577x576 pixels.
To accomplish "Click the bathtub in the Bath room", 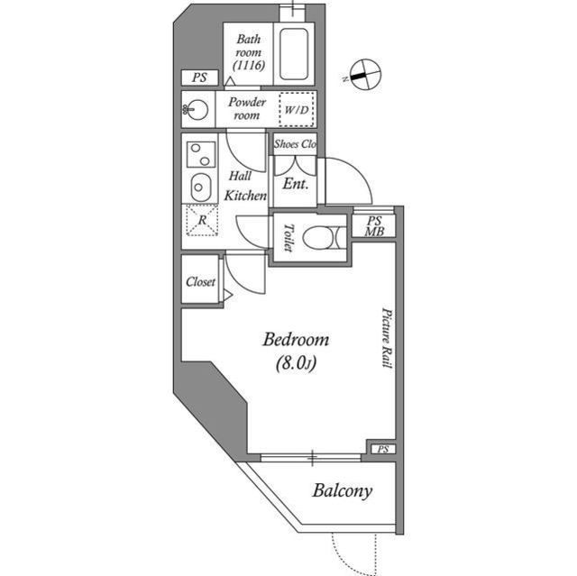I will click(296, 55).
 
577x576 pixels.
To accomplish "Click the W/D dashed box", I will click(296, 109).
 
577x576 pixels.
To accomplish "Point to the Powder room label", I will click(246, 109).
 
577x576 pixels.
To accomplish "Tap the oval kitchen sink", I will click(198, 187).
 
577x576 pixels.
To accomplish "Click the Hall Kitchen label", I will click(243, 185).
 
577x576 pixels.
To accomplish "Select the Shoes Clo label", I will click(295, 144).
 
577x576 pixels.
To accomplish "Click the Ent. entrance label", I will click(296, 183).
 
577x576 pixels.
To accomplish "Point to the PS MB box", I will click(372, 225).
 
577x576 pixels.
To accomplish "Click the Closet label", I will click(200, 281).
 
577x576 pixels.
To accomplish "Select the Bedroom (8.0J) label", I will click(295, 352).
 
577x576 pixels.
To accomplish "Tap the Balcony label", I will click(342, 491).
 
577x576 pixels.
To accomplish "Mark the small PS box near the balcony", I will click(381, 449).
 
